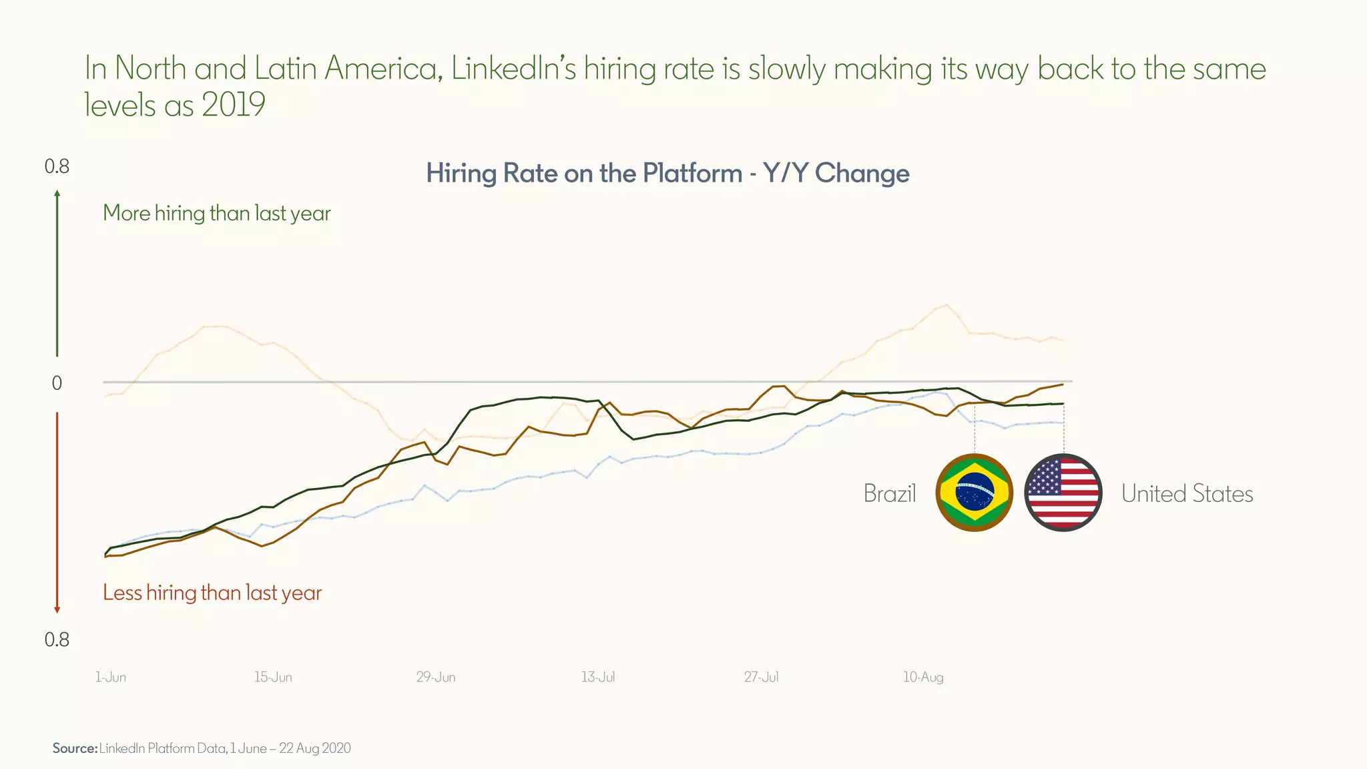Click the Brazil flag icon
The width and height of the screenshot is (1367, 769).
tap(975, 493)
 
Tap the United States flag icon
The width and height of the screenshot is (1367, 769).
tap(1063, 493)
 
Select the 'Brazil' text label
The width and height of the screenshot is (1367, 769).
tap(889, 493)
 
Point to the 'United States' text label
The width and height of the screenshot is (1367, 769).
tap(1187, 493)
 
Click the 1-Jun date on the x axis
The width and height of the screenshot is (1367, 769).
tap(110, 677)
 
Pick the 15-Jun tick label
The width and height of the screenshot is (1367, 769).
tap(272, 677)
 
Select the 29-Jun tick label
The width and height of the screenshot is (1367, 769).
tap(436, 677)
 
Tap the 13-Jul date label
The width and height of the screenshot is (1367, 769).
tap(598, 677)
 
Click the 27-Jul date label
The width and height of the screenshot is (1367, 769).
tap(761, 677)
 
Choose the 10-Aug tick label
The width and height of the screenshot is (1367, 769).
tap(923, 677)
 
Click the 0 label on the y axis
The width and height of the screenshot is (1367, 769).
tap(57, 383)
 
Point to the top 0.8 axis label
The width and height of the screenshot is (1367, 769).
tap(57, 166)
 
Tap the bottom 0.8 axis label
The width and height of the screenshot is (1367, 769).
tap(57, 640)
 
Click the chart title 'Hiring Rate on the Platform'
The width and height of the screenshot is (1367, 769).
tap(667, 174)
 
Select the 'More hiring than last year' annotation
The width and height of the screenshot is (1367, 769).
tap(217, 213)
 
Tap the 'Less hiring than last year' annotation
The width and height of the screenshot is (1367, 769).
tap(212, 593)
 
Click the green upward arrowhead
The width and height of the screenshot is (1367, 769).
tap(57, 194)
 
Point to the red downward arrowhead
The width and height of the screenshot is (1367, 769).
tap(57, 609)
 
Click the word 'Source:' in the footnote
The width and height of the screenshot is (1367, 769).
tap(75, 748)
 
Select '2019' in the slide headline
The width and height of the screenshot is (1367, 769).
tap(233, 105)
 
